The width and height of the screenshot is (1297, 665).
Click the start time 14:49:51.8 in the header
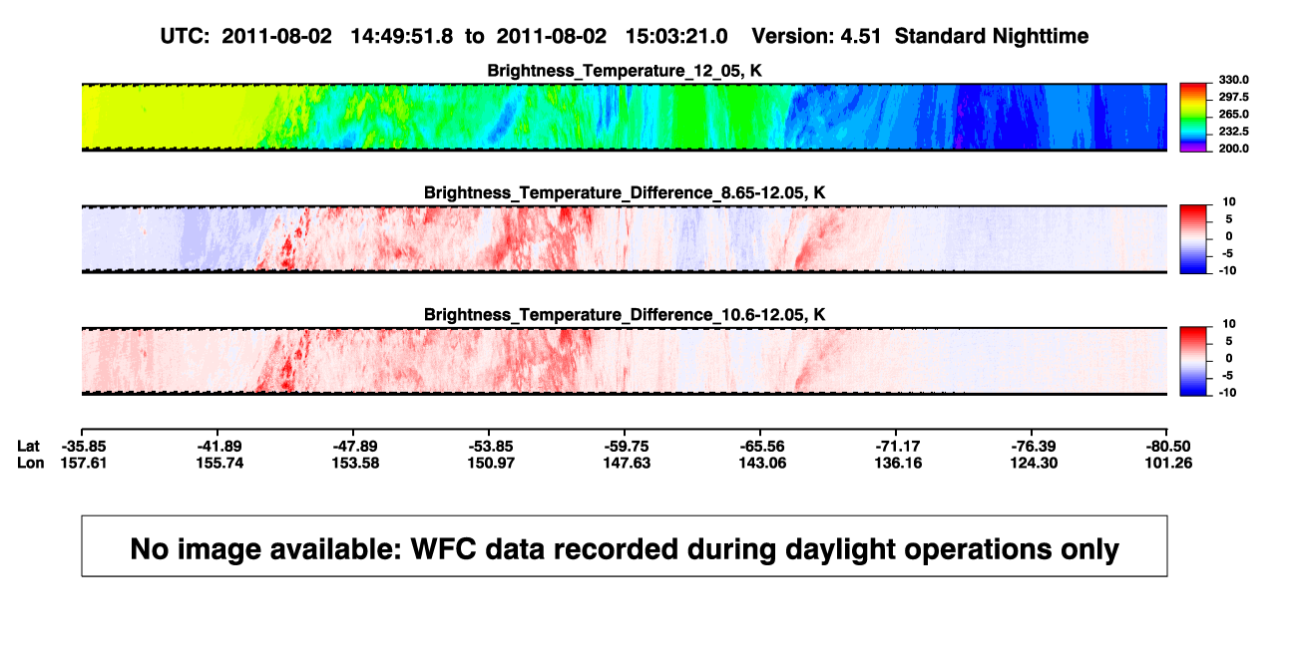[x=401, y=37]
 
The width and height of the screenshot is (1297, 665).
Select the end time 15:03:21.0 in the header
[x=675, y=37]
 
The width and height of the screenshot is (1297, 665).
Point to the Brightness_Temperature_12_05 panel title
[x=625, y=71]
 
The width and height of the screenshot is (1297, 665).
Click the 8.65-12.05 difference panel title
[x=625, y=192]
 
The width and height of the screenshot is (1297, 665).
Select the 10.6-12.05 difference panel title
[x=625, y=315]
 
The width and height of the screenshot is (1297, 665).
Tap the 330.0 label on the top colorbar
[x=1233, y=80]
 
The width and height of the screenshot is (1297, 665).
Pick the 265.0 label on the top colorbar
[x=1233, y=114]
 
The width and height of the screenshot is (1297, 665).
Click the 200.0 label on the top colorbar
[x=1233, y=149]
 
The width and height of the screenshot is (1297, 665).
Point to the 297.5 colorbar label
[x=1233, y=97]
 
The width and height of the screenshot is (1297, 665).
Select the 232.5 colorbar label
[x=1233, y=132]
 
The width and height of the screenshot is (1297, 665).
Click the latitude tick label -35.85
[x=84, y=447]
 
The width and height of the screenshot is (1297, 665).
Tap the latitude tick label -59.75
[x=627, y=447]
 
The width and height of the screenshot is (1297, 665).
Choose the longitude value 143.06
[x=762, y=463]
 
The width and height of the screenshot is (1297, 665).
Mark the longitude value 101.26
[x=1168, y=463]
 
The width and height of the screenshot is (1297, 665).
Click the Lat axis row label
[x=28, y=447]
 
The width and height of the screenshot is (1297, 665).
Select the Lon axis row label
[x=31, y=463]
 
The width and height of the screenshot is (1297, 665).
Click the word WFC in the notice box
[x=444, y=548]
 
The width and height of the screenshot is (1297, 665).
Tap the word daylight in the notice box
[x=838, y=549]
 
